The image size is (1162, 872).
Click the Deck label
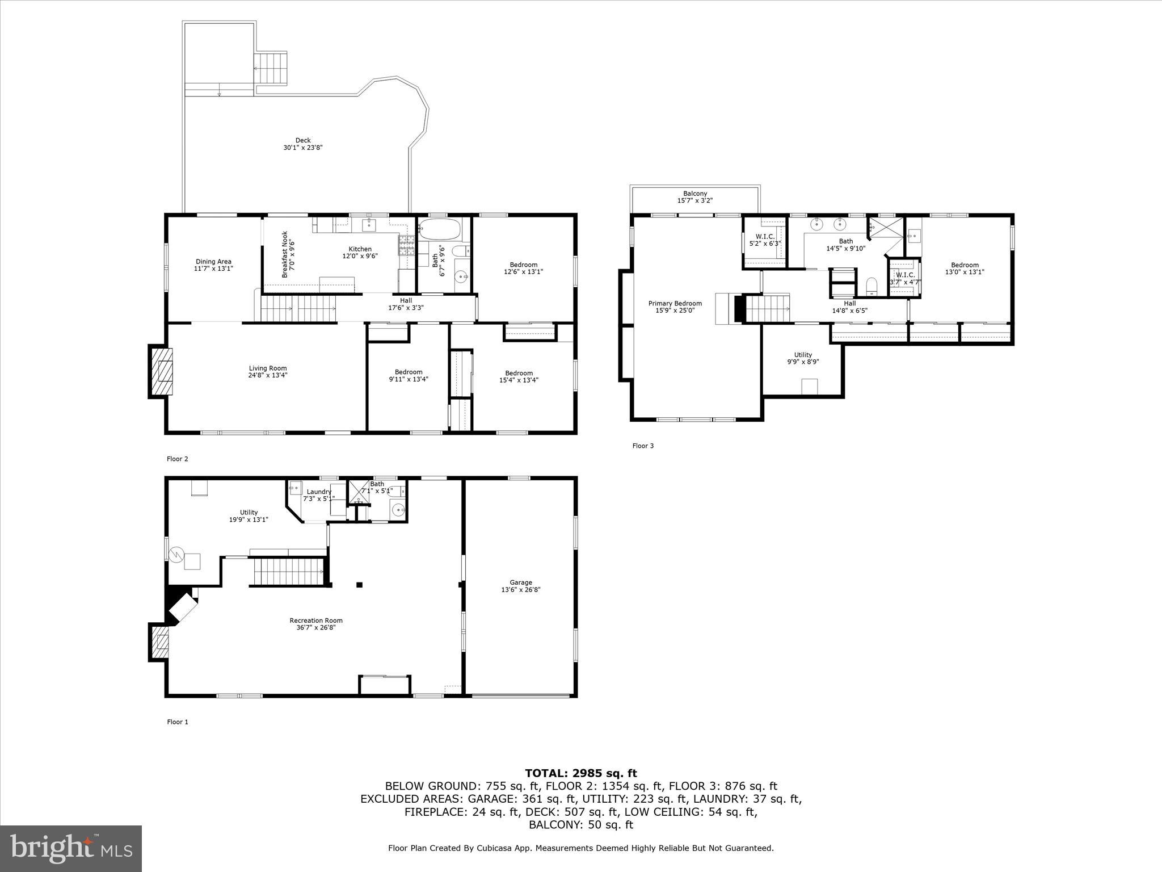(x=303, y=144)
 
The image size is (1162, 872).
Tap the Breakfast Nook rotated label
(x=288, y=254)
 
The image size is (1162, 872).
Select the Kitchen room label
(x=360, y=252)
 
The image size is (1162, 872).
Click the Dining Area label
(x=213, y=265)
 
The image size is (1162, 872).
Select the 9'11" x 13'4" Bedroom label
(x=408, y=375)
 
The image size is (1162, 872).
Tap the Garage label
(x=520, y=586)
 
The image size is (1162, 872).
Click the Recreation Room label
(x=316, y=624)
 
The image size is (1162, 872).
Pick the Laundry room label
(x=318, y=494)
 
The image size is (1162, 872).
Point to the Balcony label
(x=694, y=197)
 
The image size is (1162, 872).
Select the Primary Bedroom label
(x=675, y=307)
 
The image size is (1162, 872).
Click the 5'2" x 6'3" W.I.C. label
(x=765, y=240)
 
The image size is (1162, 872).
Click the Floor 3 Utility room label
(x=803, y=358)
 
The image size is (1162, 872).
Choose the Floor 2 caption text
(x=177, y=459)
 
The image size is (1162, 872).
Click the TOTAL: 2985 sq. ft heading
(x=580, y=773)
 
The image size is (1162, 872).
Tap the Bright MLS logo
(x=71, y=849)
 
